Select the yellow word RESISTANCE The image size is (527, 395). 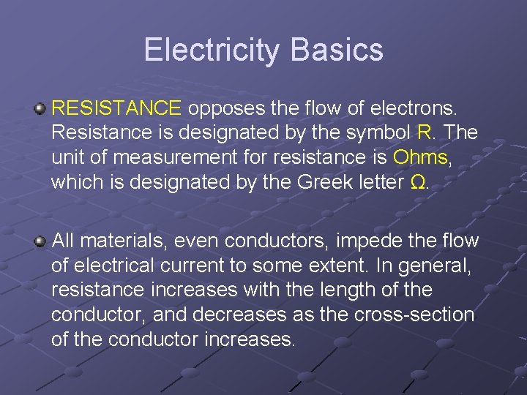116,109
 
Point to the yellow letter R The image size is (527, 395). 424,133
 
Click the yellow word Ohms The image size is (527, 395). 419,157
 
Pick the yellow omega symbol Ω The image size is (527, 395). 417,181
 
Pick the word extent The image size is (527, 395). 342,266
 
